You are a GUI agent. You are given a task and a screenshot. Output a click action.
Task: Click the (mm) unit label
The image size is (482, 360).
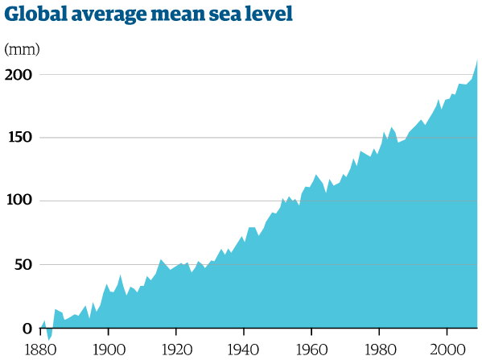(x=22, y=49)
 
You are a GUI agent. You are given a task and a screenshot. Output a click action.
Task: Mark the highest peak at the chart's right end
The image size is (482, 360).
(x=477, y=60)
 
